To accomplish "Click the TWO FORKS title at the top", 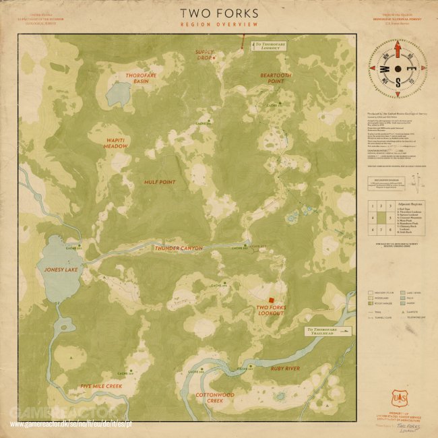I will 219,13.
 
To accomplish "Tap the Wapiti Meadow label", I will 116,143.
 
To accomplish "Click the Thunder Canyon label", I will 179,249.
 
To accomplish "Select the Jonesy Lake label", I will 61,270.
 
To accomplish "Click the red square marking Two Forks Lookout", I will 270,299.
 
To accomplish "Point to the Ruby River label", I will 285,369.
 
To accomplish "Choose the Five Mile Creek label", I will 101,386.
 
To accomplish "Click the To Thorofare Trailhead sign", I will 328,331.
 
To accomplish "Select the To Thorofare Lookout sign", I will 268,46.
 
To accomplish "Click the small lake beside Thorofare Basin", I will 119,94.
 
